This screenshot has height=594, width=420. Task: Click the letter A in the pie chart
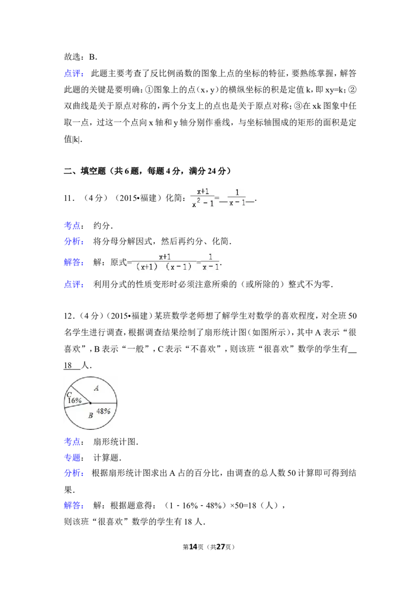tap(96, 388)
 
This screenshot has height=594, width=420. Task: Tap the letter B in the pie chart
tap(90, 416)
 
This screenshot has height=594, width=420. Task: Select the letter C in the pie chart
tap(69, 394)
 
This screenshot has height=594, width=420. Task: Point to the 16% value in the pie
tap(74, 400)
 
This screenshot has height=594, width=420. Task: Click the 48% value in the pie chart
tap(103, 411)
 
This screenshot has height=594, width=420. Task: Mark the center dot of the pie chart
tap(90, 403)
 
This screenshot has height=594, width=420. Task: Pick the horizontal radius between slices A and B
tap(103, 403)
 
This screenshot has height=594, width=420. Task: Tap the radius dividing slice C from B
tap(77, 406)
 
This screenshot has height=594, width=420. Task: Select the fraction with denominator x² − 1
tap(203, 197)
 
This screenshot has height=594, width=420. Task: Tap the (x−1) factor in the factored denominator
tap(177, 267)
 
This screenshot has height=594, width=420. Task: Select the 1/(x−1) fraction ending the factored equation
tap(211, 261)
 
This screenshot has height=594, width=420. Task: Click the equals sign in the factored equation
tap(198, 262)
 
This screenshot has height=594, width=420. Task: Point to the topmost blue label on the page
tap(73, 74)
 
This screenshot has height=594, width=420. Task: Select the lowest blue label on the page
tap(73, 506)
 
